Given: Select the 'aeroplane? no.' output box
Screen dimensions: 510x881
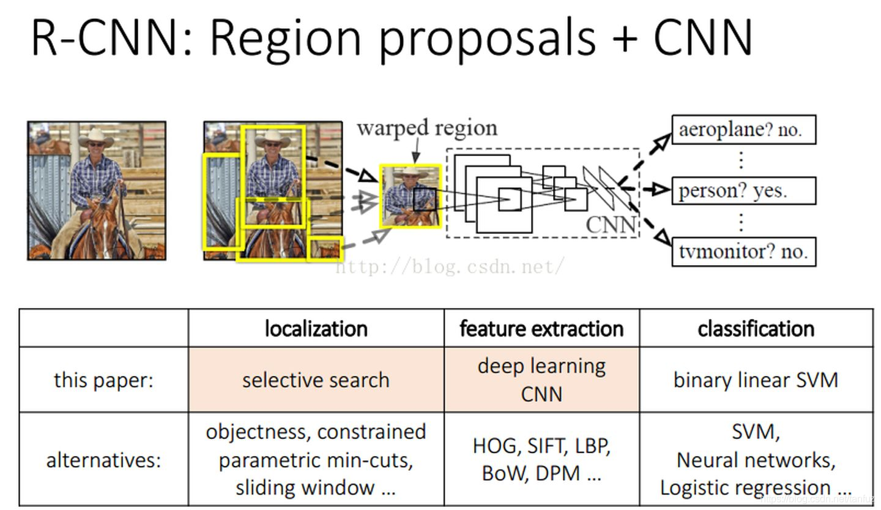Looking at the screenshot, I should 743,130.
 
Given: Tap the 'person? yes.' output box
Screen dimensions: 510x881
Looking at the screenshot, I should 743,190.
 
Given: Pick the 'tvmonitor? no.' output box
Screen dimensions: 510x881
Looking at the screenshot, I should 743,251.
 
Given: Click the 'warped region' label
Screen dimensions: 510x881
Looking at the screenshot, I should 426,128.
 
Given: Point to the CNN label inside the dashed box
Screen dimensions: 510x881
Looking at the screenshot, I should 611,225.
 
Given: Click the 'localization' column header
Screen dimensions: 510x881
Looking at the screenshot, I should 316,329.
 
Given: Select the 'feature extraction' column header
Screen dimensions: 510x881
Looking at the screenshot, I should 541,329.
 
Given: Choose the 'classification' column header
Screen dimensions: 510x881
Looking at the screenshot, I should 756,329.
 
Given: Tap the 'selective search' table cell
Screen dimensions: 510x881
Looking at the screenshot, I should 316,380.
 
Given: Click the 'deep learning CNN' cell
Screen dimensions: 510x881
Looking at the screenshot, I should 541,380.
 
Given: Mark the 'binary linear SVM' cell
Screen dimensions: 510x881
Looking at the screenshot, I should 756,380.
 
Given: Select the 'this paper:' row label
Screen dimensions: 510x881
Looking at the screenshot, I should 103,380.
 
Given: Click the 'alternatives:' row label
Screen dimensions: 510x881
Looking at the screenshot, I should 103,459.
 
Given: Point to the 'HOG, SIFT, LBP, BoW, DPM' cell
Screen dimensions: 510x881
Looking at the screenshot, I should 541,459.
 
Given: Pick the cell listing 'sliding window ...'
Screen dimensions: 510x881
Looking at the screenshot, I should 316,459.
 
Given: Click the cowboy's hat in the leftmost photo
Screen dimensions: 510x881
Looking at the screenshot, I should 96,136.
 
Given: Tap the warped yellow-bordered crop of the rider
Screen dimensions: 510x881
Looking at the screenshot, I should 411,197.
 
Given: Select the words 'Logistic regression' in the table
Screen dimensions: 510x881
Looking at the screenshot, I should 745,487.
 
